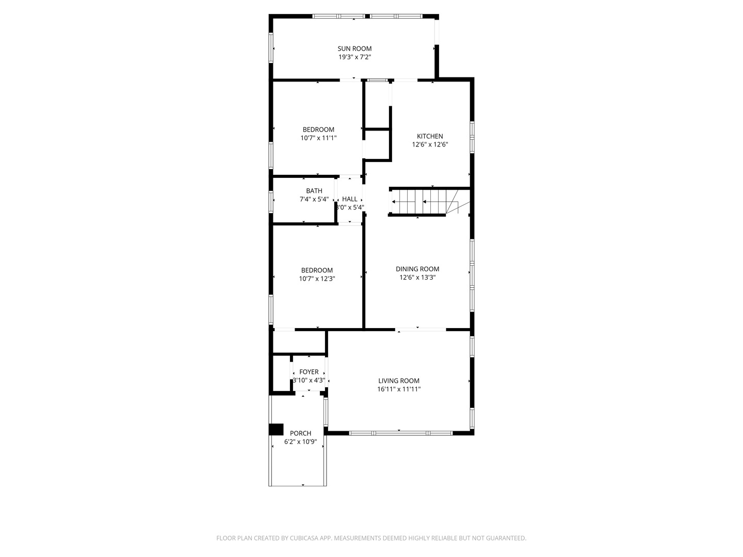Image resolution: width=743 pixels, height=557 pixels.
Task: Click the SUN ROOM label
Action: tap(354, 48)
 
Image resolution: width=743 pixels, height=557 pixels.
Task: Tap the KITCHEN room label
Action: tap(430, 136)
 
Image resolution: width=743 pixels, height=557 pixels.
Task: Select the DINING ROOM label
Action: tap(417, 269)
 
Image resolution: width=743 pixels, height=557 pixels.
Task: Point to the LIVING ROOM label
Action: tap(399, 381)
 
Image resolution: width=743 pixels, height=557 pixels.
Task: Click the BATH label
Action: tap(314, 191)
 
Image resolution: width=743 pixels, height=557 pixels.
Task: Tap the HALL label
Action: tap(349, 199)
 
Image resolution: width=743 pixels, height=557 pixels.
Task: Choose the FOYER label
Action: tap(309, 372)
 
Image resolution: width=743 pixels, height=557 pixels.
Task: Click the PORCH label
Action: tap(300, 433)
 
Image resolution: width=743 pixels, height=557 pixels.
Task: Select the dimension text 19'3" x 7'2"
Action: tap(354, 57)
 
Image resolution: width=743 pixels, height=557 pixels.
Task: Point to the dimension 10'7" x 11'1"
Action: tap(318, 138)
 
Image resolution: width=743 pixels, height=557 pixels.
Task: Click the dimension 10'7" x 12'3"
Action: tap(317, 279)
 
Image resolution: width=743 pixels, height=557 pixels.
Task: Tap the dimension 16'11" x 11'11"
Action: tap(399, 389)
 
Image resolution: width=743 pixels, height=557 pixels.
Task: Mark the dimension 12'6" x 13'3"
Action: tap(417, 277)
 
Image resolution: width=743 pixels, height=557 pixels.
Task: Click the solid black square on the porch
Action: tap(276, 430)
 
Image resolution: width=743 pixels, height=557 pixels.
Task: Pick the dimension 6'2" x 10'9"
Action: tap(300, 442)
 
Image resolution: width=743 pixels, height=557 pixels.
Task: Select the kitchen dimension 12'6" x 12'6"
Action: tap(430, 145)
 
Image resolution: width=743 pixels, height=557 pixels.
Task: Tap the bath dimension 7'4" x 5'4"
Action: tap(314, 200)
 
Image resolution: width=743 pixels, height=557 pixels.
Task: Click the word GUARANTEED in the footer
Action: tap(505, 538)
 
